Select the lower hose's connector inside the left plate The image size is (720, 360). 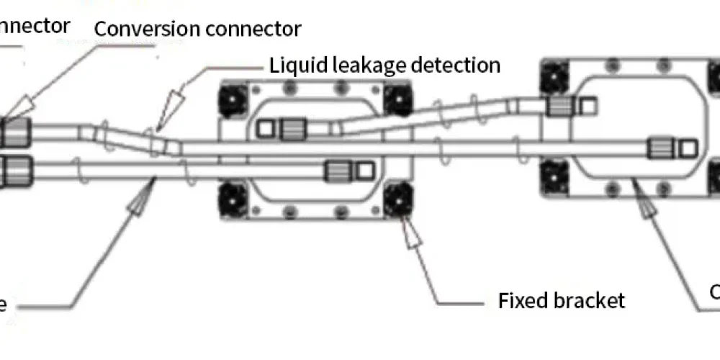[x=336, y=171]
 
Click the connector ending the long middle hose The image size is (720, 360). [x=658, y=148]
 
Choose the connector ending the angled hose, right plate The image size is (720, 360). [x=558, y=107]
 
